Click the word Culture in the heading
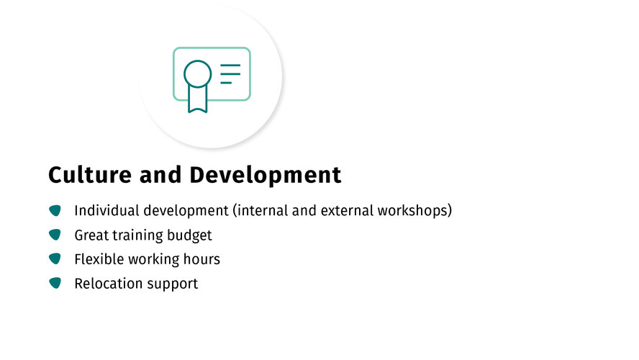90,175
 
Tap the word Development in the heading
266,176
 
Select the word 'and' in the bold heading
160,175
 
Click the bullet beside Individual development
55,210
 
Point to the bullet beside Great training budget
55,235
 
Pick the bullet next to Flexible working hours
55,258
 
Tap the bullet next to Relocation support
55,283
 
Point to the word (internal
260,211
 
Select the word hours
201,259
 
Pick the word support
173,284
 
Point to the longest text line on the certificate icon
230,65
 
